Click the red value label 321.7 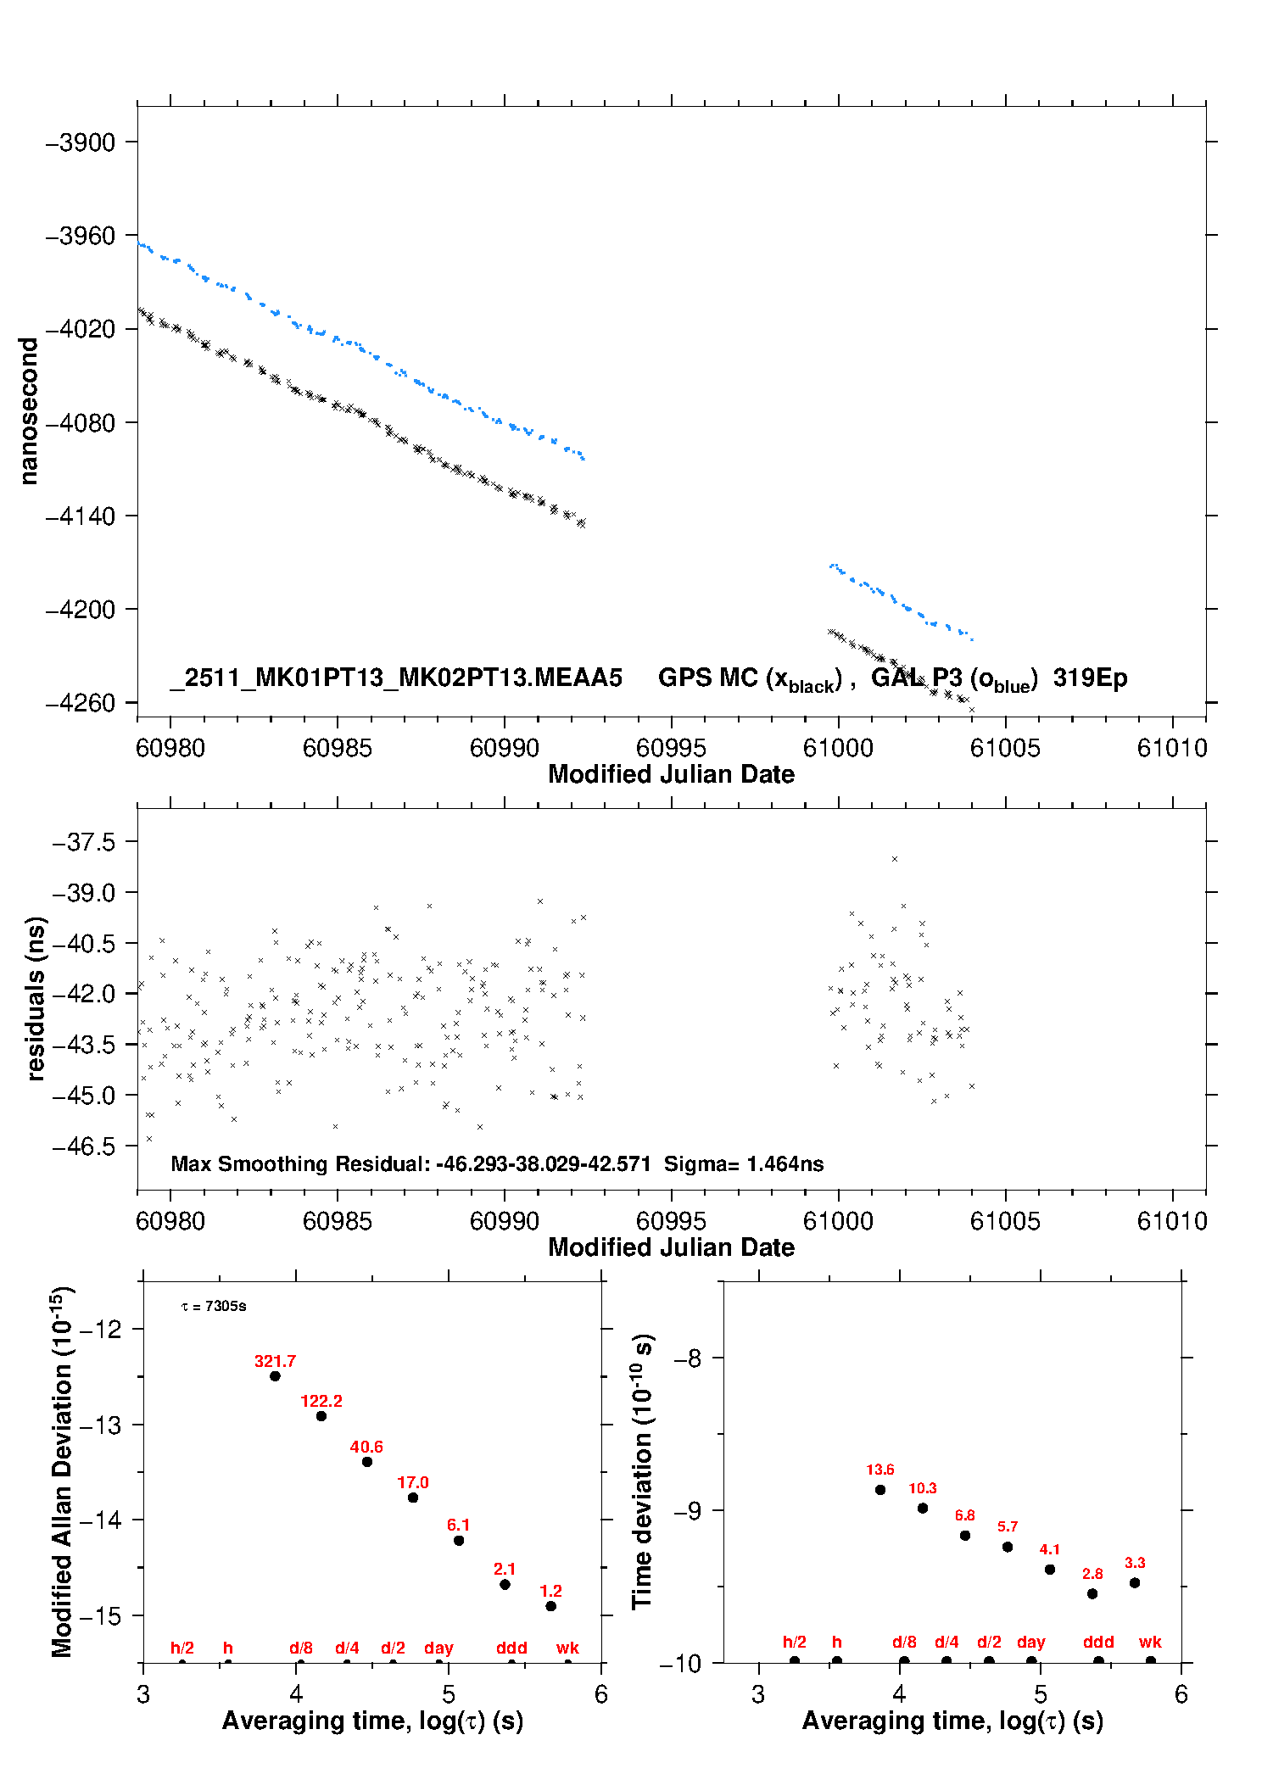(275, 1361)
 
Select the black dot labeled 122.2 (321, 1416)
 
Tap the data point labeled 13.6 (880, 1490)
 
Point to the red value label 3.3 (1135, 1563)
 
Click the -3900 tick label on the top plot (81, 142)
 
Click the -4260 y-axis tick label (81, 703)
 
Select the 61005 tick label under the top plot (1005, 748)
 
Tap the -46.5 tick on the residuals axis (84, 1146)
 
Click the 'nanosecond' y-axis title (29, 411)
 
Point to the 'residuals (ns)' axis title (35, 998)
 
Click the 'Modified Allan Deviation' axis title (61, 1471)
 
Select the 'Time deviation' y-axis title (642, 1471)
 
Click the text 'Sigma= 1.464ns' (744, 1164)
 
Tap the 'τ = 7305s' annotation (214, 1307)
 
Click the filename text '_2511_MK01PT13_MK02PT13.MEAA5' (396, 678)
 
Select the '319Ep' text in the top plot (1090, 678)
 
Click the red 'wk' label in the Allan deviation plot (567, 1648)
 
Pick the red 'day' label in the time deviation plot (1031, 1642)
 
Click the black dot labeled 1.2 (551, 1606)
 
